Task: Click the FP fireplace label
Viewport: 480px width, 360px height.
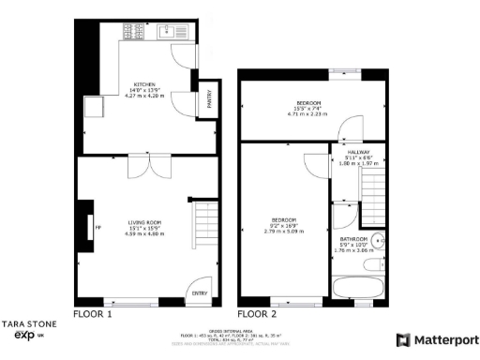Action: (97, 227)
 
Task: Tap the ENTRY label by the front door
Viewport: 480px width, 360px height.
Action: (200, 293)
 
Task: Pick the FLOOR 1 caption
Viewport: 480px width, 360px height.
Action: (93, 314)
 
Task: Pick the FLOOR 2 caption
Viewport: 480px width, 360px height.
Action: (257, 314)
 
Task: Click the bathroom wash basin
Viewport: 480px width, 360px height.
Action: (377, 238)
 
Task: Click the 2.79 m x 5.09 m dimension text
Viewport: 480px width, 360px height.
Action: (284, 230)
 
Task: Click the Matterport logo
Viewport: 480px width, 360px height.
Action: (438, 339)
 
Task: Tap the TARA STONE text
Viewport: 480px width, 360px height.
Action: (29, 323)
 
